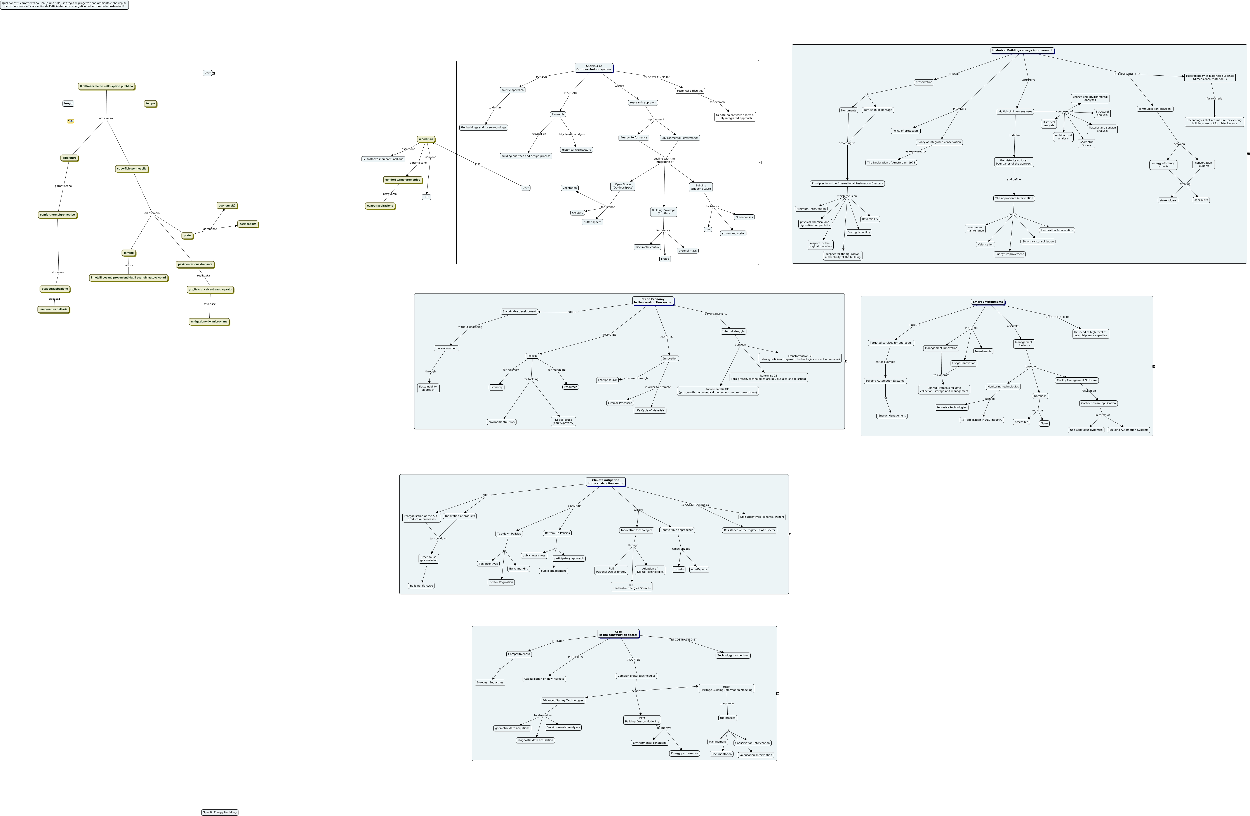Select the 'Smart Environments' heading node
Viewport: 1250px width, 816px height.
(987, 302)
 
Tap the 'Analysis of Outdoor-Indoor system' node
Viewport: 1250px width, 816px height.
(593, 68)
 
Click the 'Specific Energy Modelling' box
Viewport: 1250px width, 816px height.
(219, 812)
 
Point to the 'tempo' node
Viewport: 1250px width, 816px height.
(150, 103)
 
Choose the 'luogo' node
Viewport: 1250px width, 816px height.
(68, 103)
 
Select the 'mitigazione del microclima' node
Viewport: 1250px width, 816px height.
(209, 321)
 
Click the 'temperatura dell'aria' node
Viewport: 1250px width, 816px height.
(54, 309)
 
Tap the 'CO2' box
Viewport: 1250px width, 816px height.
(426, 197)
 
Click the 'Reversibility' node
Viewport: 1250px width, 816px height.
(870, 219)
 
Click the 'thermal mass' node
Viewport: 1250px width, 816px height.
(687, 250)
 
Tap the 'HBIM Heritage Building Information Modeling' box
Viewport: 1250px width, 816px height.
(726, 688)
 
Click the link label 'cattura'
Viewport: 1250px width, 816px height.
(129, 265)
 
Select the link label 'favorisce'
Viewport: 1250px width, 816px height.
(210, 304)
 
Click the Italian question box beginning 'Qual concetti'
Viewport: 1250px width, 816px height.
(64, 5)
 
